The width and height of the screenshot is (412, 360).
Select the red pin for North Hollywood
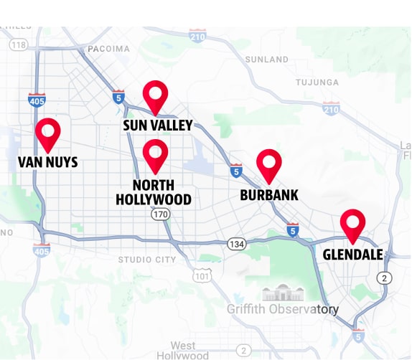pyautogui.click(x=155, y=152)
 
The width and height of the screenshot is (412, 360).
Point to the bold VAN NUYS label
pyautogui.click(x=47, y=163)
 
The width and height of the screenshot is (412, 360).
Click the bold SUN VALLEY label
pyautogui.click(x=157, y=126)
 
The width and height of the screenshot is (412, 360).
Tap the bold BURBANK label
pyautogui.click(x=269, y=195)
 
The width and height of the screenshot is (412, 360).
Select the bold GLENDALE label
pyautogui.click(x=352, y=255)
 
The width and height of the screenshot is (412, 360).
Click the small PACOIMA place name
pyautogui.click(x=108, y=49)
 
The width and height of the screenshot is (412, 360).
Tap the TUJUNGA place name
pyautogui.click(x=317, y=82)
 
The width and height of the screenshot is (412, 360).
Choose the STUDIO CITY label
pyautogui.click(x=147, y=260)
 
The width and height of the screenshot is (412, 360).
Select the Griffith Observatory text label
pyautogui.click(x=283, y=310)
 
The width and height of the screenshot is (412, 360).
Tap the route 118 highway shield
pyautogui.click(x=19, y=45)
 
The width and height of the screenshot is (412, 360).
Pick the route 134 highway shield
pyautogui.click(x=237, y=245)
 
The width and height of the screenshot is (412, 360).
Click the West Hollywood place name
pyautogui.click(x=184, y=351)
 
